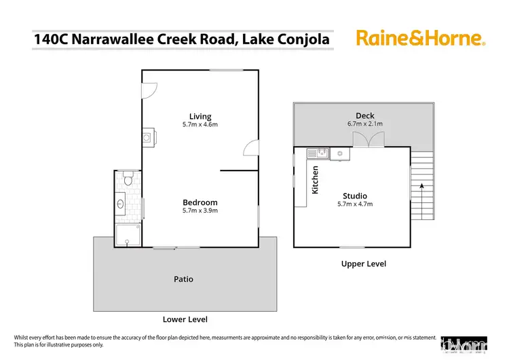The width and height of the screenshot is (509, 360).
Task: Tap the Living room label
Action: [x=200, y=116]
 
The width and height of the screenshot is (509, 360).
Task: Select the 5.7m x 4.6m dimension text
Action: [x=200, y=125]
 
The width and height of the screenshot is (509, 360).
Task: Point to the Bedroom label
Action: [x=200, y=202]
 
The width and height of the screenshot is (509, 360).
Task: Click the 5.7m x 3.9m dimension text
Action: [x=200, y=211]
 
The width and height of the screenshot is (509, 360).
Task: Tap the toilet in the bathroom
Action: [x=127, y=181]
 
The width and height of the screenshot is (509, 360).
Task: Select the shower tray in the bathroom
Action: [x=127, y=235]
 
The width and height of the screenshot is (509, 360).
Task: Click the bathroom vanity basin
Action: [x=121, y=203]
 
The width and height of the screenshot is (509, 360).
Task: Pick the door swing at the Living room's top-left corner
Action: [x=149, y=88]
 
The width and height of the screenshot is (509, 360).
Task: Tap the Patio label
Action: [x=184, y=279]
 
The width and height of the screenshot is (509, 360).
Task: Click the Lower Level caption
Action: [x=185, y=319]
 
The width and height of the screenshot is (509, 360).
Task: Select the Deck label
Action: [x=364, y=115]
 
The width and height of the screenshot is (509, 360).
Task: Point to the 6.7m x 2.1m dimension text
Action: [x=364, y=124]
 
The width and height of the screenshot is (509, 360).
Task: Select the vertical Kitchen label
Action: [x=315, y=180]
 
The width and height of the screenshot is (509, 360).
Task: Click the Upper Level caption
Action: [x=363, y=264]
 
